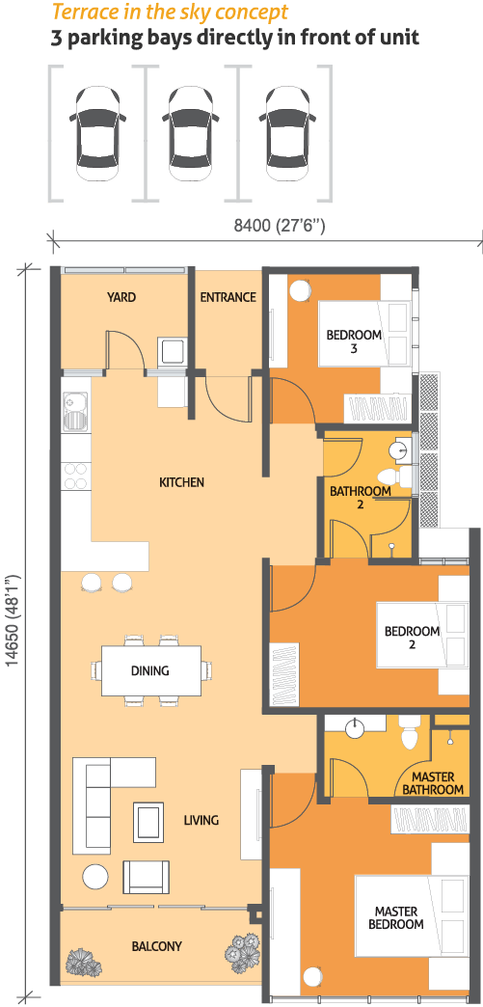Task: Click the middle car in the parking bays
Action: point(191,133)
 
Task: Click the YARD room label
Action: point(121,297)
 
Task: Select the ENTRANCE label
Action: point(228,297)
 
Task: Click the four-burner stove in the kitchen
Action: point(75,476)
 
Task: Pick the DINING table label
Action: point(149,671)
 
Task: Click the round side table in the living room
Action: point(95,877)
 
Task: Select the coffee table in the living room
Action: point(148,822)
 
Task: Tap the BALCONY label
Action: point(157,946)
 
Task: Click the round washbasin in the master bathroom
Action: point(356,729)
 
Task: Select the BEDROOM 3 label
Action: point(354,341)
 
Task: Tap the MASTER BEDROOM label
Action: point(399,917)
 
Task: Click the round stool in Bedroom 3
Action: point(300,290)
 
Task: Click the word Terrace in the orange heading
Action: point(78,12)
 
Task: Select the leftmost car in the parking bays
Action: point(97,133)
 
